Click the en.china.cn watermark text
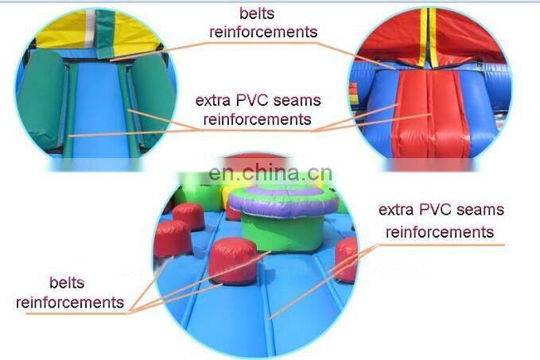pos(270,173)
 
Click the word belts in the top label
pos(257,14)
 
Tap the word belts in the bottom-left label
pos(67,283)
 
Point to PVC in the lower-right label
pos(436,210)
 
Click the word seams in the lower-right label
pos(481,210)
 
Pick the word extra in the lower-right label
pos(396,210)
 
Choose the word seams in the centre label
pos(297,101)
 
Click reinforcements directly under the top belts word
pos(263,32)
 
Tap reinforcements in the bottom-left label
pos(70,303)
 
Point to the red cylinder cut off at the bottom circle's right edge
pos(347,259)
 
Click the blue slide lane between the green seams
pos(99,110)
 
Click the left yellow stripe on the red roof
pos(422,38)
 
